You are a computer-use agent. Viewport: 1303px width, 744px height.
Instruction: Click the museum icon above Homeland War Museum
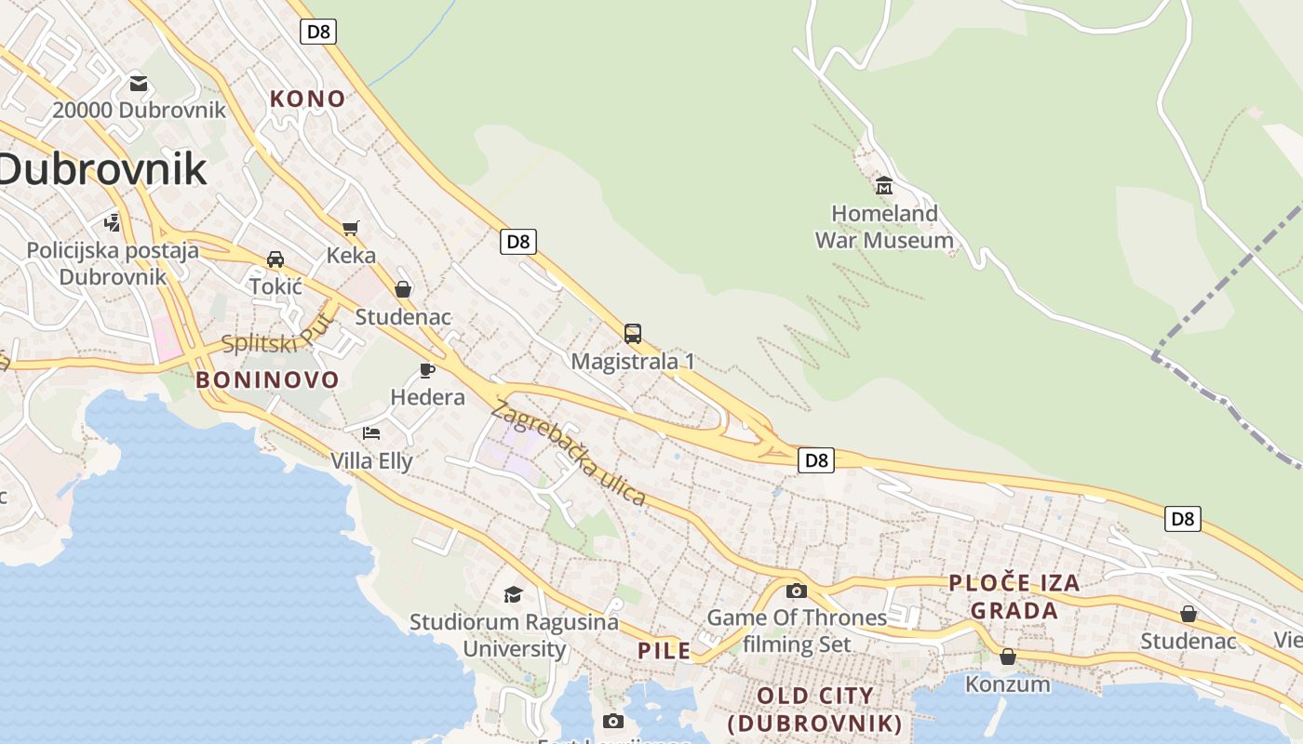(x=884, y=184)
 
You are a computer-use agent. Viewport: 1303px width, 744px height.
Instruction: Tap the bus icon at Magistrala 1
(x=633, y=333)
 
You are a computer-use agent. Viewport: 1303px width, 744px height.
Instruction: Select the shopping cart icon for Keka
(x=351, y=228)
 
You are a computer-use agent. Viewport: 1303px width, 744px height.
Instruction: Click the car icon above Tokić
(x=275, y=259)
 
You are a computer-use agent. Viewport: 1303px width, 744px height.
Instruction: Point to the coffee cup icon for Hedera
(x=427, y=370)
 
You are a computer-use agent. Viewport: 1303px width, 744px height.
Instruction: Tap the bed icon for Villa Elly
(x=371, y=433)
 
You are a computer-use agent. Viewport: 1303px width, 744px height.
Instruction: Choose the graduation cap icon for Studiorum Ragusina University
(x=513, y=594)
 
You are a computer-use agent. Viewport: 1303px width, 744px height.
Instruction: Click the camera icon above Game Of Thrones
(x=797, y=591)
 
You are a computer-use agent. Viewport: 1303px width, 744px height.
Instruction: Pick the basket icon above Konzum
(x=1007, y=658)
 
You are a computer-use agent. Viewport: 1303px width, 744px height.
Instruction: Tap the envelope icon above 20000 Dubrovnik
(x=139, y=84)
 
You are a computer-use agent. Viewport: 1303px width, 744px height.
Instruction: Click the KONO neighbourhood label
(x=307, y=99)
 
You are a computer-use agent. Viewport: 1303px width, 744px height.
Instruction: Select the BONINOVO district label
(x=267, y=379)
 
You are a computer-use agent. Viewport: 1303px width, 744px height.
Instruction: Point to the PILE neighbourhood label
(x=665, y=650)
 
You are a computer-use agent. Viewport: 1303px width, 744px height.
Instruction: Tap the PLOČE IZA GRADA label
(x=1014, y=596)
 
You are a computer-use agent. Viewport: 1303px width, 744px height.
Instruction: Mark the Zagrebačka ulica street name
(x=569, y=452)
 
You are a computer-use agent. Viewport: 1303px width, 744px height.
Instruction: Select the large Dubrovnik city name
(x=102, y=169)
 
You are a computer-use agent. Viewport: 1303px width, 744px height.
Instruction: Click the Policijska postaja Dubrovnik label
(x=113, y=263)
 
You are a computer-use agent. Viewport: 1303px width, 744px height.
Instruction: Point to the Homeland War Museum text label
(x=884, y=227)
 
